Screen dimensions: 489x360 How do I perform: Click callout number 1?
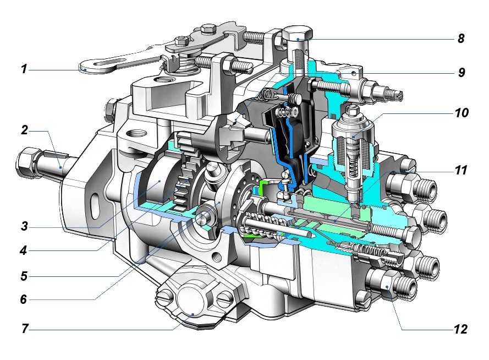pyautogui.click(x=24, y=69)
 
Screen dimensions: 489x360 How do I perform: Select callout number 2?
pyautogui.click(x=24, y=130)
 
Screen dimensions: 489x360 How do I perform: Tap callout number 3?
pyautogui.click(x=24, y=226)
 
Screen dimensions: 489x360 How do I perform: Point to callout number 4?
pyautogui.click(x=24, y=250)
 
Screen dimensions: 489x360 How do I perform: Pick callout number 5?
pyautogui.click(x=24, y=276)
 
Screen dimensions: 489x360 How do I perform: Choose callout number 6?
pyautogui.click(x=24, y=299)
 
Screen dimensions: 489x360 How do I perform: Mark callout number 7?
pyautogui.click(x=25, y=329)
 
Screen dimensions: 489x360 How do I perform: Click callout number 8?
pyautogui.click(x=461, y=39)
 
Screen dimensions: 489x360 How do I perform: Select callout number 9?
pyautogui.click(x=461, y=72)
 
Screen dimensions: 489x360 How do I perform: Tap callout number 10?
pyautogui.click(x=461, y=113)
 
